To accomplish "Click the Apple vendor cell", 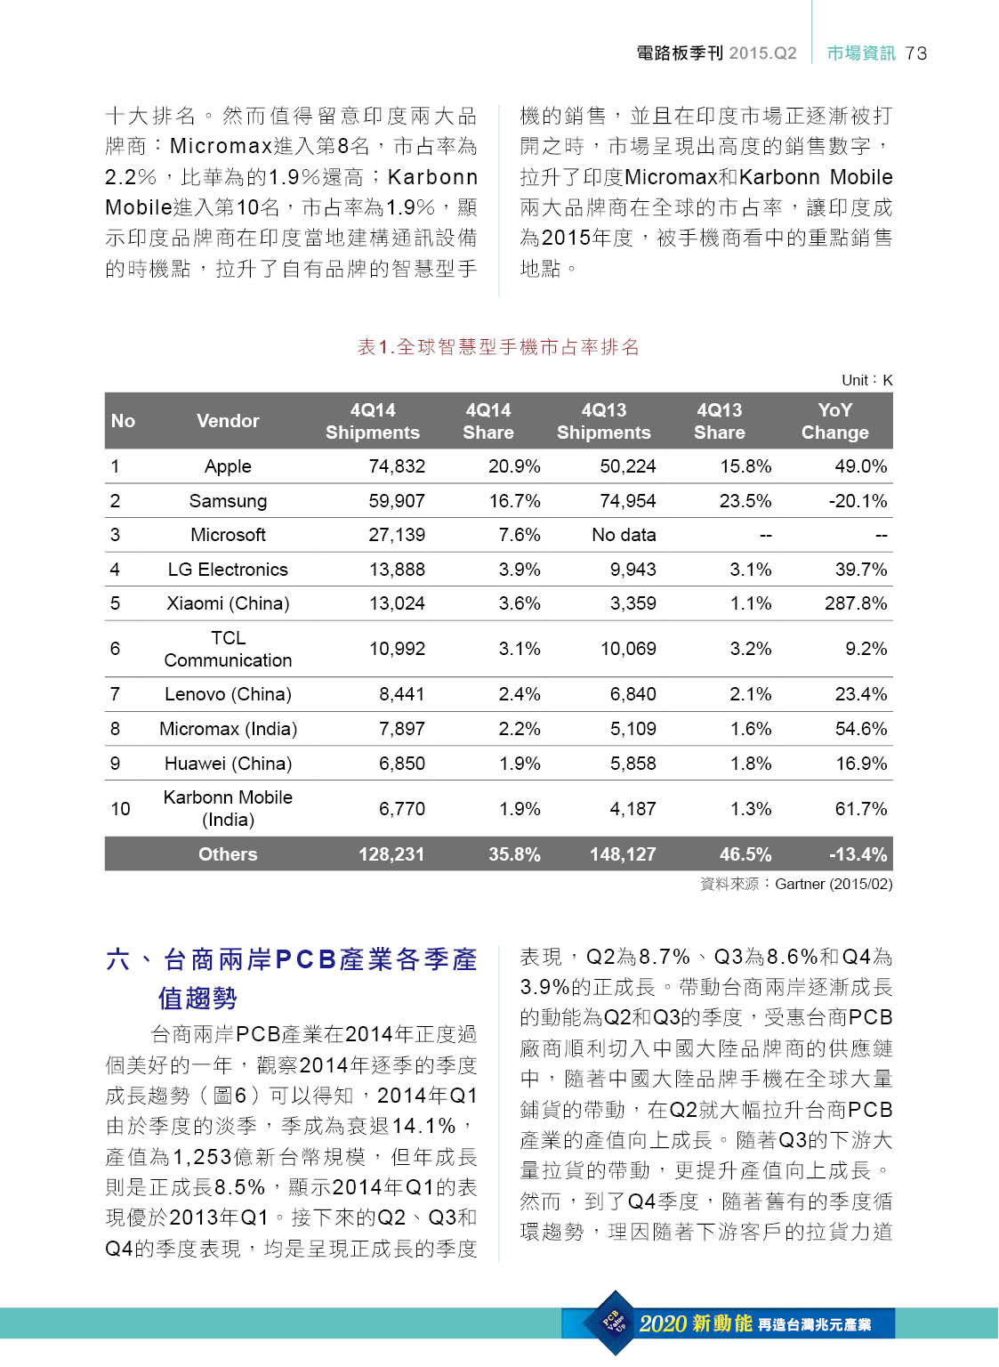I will tap(228, 466).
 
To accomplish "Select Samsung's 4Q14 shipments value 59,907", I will tap(397, 501).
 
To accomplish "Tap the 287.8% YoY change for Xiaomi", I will tap(856, 603).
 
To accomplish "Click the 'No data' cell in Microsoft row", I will tap(624, 535).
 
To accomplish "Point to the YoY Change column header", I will tap(834, 421).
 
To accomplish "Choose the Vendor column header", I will tap(228, 421).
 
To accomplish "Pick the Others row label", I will tap(228, 854).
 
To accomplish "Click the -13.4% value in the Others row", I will tap(858, 854).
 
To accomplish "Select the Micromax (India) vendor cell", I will tap(228, 729).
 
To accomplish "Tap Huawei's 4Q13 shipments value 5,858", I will tap(632, 764).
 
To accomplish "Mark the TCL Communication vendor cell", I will tap(228, 649).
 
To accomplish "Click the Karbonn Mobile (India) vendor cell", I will tap(228, 808).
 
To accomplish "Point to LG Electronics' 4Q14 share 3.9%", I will tap(520, 570).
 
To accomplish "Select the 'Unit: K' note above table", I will tap(866, 380).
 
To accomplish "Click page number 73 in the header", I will tap(916, 53).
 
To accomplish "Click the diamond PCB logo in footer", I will tap(615, 1323).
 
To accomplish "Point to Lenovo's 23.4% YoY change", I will tap(860, 694).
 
